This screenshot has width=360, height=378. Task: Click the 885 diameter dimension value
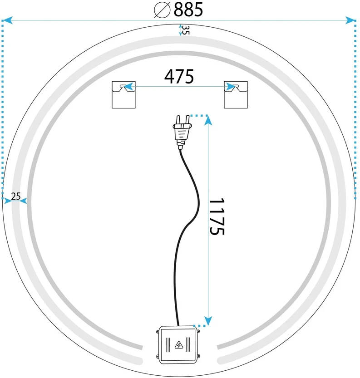188,10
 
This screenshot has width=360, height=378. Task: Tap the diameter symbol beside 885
162,10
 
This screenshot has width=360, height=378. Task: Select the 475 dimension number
179,77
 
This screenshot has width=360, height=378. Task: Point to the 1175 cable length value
217,216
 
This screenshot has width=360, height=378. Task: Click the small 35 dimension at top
185,30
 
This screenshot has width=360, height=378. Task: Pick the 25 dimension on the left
16,196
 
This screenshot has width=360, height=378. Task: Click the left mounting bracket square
123,95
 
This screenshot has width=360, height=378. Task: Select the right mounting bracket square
236,95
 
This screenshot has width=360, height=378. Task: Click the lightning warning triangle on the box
179,345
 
